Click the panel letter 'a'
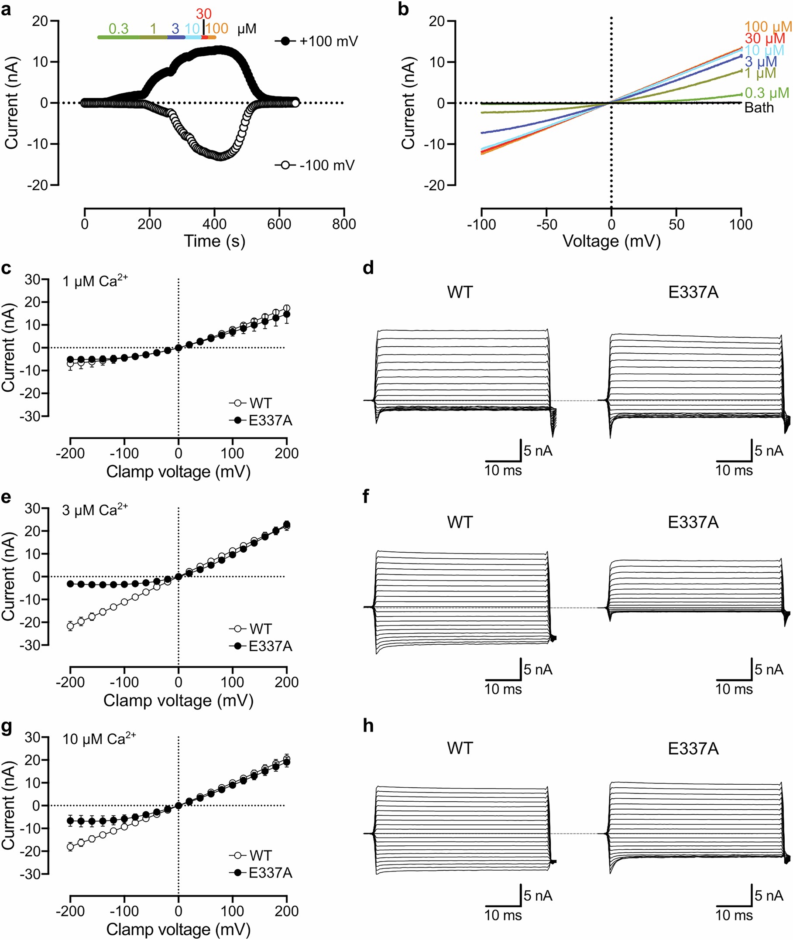[6, 9]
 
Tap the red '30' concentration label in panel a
[204, 14]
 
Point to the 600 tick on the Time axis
[279, 224]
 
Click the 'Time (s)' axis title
[214, 241]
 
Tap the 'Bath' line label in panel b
[759, 108]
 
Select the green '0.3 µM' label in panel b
[766, 93]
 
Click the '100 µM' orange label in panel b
[767, 27]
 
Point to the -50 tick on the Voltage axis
[546, 224]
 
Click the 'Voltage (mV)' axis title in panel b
[611, 241]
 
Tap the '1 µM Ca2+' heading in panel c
[95, 281]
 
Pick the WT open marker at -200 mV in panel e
[70, 626]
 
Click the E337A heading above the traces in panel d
[693, 292]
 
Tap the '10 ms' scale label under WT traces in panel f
[503, 689]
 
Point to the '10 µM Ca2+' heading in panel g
[99, 739]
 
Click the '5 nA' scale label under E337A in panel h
[769, 896]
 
